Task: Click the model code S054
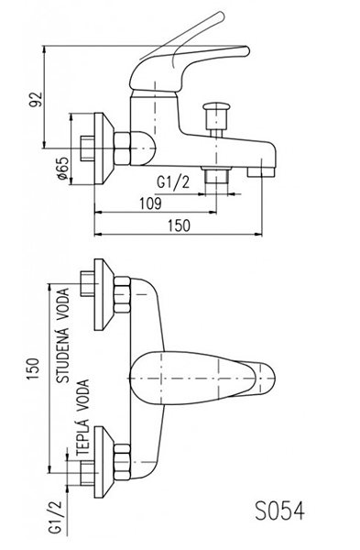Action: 279,511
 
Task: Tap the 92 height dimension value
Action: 36,99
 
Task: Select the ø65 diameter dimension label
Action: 62,169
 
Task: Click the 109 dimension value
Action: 150,203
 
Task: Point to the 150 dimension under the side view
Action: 179,225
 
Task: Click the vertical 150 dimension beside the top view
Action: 33,368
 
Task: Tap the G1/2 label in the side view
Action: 173,182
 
